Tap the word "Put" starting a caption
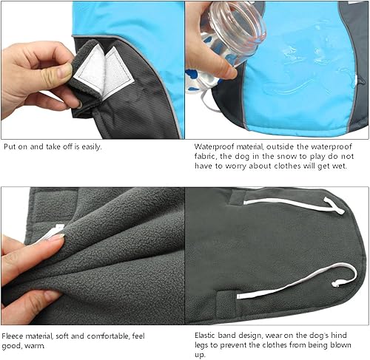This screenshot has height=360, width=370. [10, 146]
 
